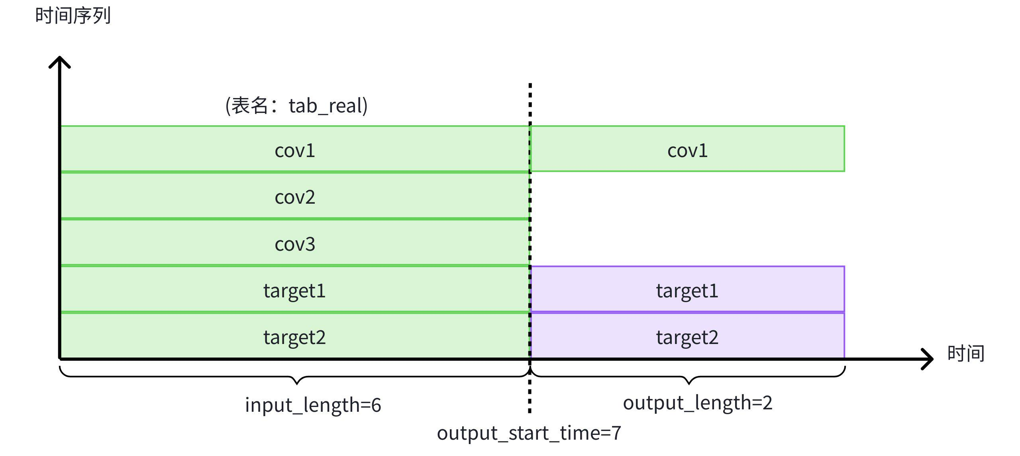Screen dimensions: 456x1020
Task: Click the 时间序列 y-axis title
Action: tap(73, 16)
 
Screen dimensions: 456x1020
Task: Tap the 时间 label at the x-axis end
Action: tap(965, 354)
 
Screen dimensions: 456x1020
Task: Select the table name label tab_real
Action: tap(296, 106)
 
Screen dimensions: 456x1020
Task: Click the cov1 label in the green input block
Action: tap(295, 151)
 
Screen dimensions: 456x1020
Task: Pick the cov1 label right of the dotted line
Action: tap(687, 151)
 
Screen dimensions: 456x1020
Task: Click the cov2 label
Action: tap(295, 197)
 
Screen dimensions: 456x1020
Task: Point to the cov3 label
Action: tap(295, 244)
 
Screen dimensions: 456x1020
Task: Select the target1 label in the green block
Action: tap(294, 291)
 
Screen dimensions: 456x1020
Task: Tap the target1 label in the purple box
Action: tap(687, 291)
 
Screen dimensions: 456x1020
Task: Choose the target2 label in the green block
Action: tap(294, 337)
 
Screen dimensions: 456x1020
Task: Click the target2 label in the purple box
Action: tap(687, 337)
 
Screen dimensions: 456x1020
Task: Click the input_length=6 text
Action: tap(313, 405)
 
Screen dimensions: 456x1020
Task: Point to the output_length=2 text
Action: tap(697, 403)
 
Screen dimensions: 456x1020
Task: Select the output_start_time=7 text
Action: tap(529, 433)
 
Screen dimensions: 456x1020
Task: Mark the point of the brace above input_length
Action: tap(297, 383)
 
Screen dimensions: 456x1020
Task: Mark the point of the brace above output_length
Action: tap(689, 383)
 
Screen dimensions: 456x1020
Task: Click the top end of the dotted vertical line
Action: tap(530, 85)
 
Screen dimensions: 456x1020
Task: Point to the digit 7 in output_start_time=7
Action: tap(616, 433)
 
